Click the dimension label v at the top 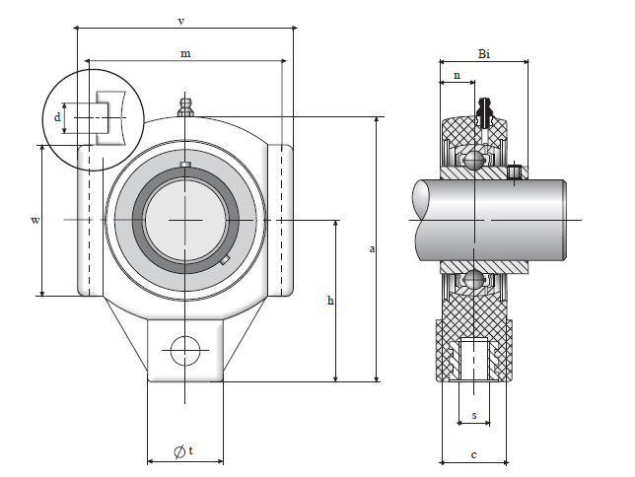[x=179, y=20]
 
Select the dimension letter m [x=185, y=53]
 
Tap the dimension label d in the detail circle [x=58, y=117]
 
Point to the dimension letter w [x=35, y=220]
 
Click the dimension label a [x=372, y=248]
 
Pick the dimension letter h [x=329, y=300]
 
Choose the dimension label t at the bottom [x=190, y=451]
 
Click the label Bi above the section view [x=483, y=53]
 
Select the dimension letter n [x=456, y=75]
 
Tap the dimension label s [x=474, y=416]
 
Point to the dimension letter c [x=474, y=454]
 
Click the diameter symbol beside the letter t [x=177, y=451]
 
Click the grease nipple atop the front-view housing [x=184, y=105]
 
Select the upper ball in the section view [x=474, y=160]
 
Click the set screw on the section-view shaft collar [x=514, y=173]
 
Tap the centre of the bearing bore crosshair [x=185, y=220]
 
